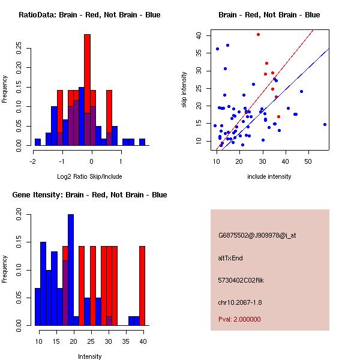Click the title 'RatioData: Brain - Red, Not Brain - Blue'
pos(89,15)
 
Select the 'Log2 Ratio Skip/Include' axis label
pos(89,177)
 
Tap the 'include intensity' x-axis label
pos(269,177)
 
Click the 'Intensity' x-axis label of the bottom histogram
pos(89,356)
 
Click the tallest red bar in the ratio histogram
pos(87,90)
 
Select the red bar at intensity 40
pos(142,285)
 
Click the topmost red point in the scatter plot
pos(258,34)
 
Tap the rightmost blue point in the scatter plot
pos(325,124)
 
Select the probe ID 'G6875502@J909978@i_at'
pos(257,235)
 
